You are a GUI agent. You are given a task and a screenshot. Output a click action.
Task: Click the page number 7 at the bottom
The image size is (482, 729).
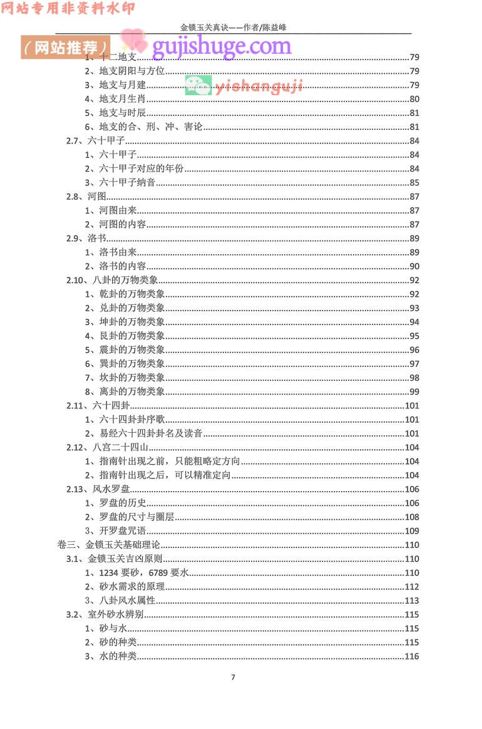[x=233, y=676]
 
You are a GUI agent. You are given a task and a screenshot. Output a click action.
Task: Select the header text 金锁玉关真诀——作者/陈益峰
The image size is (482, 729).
[x=233, y=28]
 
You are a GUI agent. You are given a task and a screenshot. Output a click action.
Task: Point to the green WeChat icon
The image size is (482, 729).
[x=198, y=85]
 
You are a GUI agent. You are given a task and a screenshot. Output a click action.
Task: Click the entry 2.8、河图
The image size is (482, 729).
[x=85, y=197]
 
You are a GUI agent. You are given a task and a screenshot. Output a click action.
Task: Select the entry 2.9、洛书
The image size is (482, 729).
[x=85, y=238]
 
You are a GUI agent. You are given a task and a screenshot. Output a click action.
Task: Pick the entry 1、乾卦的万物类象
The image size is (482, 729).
[x=125, y=294]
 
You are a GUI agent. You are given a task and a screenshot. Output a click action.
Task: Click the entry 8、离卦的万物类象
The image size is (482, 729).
[x=125, y=391]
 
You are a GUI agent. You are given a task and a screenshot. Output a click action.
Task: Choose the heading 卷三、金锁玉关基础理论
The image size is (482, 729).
[x=109, y=545]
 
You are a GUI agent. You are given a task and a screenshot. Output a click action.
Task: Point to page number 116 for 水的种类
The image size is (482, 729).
[x=411, y=656]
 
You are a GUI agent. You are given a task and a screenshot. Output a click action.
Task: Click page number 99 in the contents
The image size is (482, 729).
[x=414, y=391]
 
